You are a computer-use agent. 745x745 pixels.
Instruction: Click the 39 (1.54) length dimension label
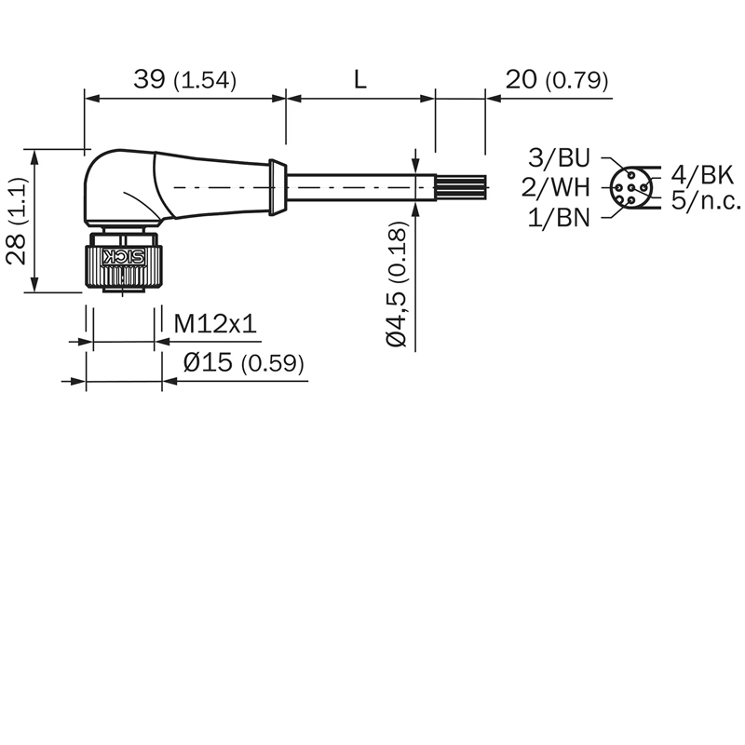pyautogui.click(x=184, y=79)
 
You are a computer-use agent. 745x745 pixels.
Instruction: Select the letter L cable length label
pyautogui.click(x=360, y=79)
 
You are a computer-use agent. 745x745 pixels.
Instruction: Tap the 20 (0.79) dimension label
pyautogui.click(x=556, y=79)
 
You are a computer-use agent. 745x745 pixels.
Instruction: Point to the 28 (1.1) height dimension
pyautogui.click(x=17, y=221)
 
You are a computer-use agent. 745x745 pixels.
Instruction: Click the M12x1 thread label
pyautogui.click(x=215, y=324)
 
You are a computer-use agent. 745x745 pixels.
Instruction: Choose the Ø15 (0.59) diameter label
pyautogui.click(x=244, y=363)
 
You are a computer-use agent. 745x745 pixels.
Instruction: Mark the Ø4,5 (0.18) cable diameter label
pyautogui.click(x=397, y=284)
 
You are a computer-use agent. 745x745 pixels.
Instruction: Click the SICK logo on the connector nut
pyautogui.click(x=124, y=257)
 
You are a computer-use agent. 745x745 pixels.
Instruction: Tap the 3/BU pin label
pyautogui.click(x=559, y=157)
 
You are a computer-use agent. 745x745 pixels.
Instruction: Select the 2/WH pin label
pyautogui.click(x=555, y=187)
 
